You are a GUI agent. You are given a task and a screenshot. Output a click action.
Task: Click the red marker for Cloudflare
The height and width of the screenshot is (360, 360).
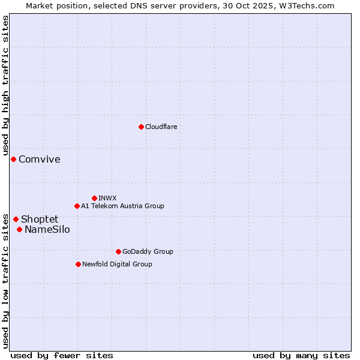pyautogui.click(x=141, y=127)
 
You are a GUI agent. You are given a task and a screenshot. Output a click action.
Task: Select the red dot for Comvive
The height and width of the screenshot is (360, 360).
pyautogui.click(x=13, y=159)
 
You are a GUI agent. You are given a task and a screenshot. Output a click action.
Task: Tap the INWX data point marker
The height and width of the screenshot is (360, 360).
pyautogui.click(x=94, y=198)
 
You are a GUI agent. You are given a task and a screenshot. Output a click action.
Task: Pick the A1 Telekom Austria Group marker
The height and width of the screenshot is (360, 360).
pyautogui.click(x=77, y=206)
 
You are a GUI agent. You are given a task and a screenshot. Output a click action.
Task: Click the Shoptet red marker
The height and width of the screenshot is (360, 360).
pyautogui.click(x=16, y=219)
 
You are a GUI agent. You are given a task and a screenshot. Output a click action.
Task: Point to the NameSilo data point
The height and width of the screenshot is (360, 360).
pyautogui.click(x=19, y=229)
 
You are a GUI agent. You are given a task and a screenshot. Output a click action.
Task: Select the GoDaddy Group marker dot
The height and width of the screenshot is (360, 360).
pyautogui.click(x=118, y=251)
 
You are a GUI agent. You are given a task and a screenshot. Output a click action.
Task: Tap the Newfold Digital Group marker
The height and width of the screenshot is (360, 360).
pyautogui.click(x=78, y=264)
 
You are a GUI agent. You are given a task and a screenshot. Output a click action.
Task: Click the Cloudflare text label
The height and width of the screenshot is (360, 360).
pyautogui.click(x=161, y=127)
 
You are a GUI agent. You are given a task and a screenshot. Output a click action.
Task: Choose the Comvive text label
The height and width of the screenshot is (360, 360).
pyautogui.click(x=40, y=159)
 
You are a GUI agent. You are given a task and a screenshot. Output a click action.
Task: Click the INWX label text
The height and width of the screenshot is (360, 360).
pyautogui.click(x=107, y=198)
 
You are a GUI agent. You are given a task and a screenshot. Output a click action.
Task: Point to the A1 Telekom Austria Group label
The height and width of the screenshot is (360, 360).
pyautogui.click(x=122, y=206)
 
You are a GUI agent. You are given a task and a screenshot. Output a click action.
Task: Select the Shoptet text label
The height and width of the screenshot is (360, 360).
pyautogui.click(x=40, y=219)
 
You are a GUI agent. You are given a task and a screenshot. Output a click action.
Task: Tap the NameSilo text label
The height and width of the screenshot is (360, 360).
pyautogui.click(x=47, y=229)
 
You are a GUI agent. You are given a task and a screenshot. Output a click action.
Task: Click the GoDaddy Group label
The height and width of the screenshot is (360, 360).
pyautogui.click(x=148, y=251)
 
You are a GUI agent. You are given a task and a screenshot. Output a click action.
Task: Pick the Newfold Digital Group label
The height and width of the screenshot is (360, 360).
pyautogui.click(x=117, y=264)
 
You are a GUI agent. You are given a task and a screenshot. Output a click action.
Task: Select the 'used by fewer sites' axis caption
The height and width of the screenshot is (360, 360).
pyautogui.click(x=62, y=355)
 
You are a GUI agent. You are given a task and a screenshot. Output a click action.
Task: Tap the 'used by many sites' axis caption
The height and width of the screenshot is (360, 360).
pyautogui.click(x=301, y=355)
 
